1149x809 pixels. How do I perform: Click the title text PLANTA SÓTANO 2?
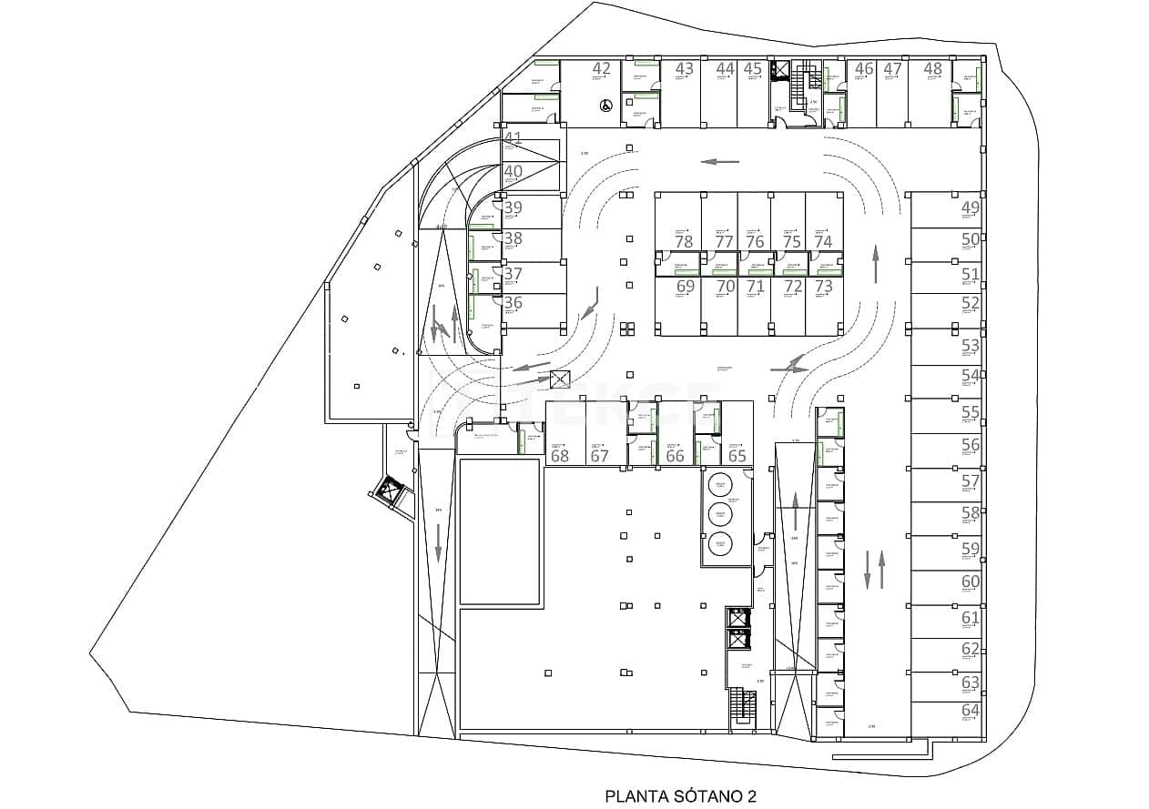click(x=680, y=796)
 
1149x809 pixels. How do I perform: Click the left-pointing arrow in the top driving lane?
click(x=719, y=161)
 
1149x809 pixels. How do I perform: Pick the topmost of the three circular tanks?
click(x=720, y=483)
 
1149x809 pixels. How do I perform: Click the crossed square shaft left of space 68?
click(x=559, y=380)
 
